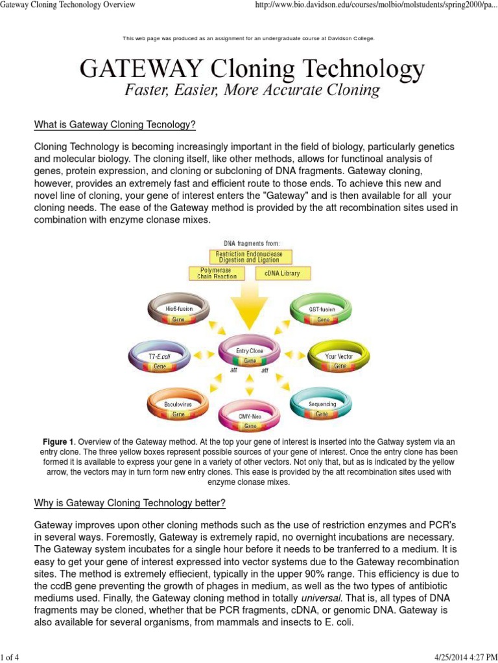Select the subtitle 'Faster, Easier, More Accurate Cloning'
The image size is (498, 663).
tap(252, 90)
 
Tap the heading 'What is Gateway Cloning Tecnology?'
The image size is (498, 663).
tap(115, 124)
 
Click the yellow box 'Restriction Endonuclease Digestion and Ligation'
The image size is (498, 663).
tap(249, 257)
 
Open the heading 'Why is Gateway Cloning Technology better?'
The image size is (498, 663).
tap(130, 503)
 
